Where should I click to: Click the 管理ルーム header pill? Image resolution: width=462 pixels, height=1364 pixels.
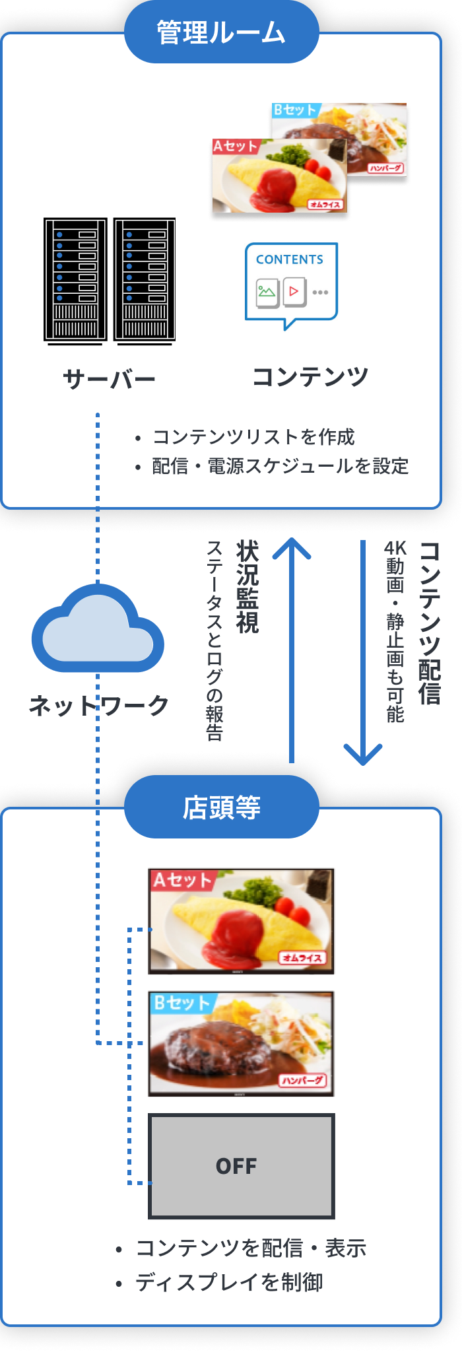click(x=221, y=32)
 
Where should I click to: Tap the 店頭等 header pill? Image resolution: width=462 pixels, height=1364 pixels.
click(x=221, y=807)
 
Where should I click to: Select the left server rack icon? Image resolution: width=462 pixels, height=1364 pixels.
click(x=75, y=280)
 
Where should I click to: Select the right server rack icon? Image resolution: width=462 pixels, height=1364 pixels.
click(x=145, y=280)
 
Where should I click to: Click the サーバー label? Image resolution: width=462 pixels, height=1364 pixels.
click(x=109, y=379)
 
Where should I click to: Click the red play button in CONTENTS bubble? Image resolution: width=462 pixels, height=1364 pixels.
click(x=294, y=291)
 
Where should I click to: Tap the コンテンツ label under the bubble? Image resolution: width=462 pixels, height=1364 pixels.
click(x=310, y=377)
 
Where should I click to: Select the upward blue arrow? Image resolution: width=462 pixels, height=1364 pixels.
click(x=292, y=650)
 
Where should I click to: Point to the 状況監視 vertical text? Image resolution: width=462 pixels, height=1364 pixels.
click(x=247, y=587)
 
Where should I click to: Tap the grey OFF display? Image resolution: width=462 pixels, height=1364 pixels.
click(x=241, y=1166)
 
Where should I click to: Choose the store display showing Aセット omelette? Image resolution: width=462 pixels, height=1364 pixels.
click(x=241, y=920)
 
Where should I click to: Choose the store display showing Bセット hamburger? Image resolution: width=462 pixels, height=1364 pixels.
click(x=241, y=1043)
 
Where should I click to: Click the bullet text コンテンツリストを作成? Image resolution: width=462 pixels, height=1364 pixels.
click(x=253, y=437)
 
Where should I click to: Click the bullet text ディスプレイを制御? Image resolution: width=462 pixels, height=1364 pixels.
click(x=228, y=1282)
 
